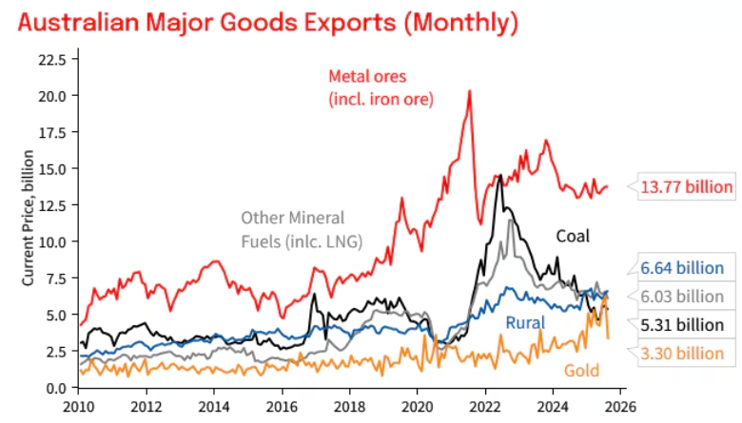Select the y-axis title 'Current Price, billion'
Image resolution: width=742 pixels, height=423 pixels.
pyautogui.click(x=29, y=224)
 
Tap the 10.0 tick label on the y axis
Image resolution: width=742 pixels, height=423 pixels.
pyautogui.click(x=49, y=241)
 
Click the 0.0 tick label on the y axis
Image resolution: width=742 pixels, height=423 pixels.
pyautogui.click(x=53, y=388)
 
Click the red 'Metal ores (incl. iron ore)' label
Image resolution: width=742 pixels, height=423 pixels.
pyautogui.click(x=381, y=87)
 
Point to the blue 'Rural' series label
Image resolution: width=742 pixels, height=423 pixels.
pyautogui.click(x=525, y=323)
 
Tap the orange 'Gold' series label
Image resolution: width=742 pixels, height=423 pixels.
pyautogui.click(x=582, y=370)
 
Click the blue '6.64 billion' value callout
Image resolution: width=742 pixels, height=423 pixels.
pyautogui.click(x=682, y=269)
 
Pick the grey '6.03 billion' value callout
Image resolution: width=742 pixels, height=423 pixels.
pyautogui.click(x=682, y=297)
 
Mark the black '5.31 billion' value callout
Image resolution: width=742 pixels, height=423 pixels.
pyautogui.click(x=682, y=325)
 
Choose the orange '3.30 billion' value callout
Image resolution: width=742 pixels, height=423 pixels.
pyautogui.click(x=682, y=354)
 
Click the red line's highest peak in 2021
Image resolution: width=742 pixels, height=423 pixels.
pyautogui.click(x=469, y=92)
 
